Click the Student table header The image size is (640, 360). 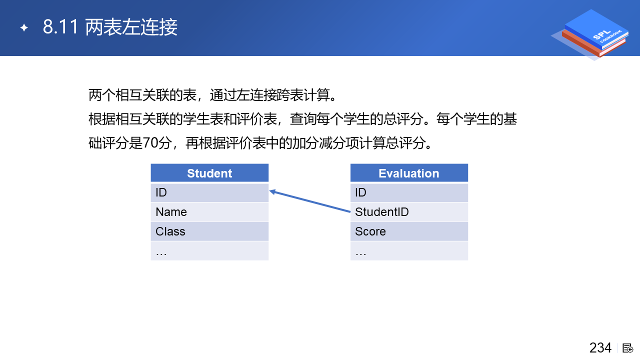[209, 173]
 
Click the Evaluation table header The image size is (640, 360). [409, 173]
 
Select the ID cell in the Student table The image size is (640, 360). [209, 192]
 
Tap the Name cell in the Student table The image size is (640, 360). [209, 212]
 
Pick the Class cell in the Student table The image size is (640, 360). [209, 231]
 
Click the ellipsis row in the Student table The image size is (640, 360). [209, 251]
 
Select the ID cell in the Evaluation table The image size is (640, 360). [409, 192]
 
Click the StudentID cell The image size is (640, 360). [409, 212]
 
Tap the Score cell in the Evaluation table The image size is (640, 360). [409, 231]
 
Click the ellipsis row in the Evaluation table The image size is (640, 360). [409, 251]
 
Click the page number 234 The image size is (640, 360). [600, 348]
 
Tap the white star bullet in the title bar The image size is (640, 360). [24, 27]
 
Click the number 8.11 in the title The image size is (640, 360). [60, 27]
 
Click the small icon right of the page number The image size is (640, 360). [627, 348]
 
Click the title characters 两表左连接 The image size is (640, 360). [131, 27]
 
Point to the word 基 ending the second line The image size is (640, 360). [510, 119]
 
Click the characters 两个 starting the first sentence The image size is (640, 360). [101, 95]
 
